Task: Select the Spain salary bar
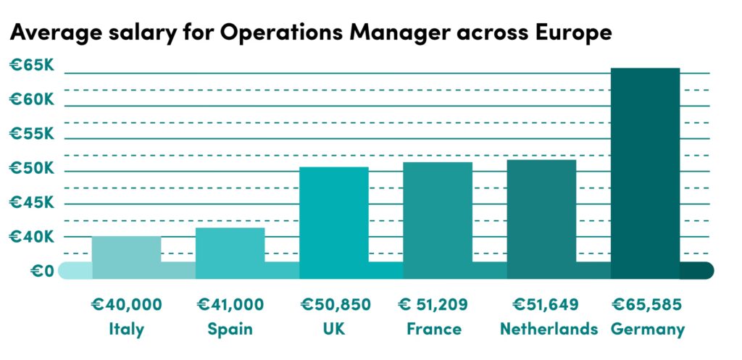[x=230, y=253]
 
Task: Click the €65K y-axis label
[x=31, y=66]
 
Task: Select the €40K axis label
[x=31, y=237]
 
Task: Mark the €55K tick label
[x=31, y=134]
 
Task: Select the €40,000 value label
[x=126, y=304]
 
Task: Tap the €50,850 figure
[x=333, y=304]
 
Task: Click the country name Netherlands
[x=549, y=329]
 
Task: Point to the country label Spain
[x=230, y=329]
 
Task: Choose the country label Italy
[x=126, y=329]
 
